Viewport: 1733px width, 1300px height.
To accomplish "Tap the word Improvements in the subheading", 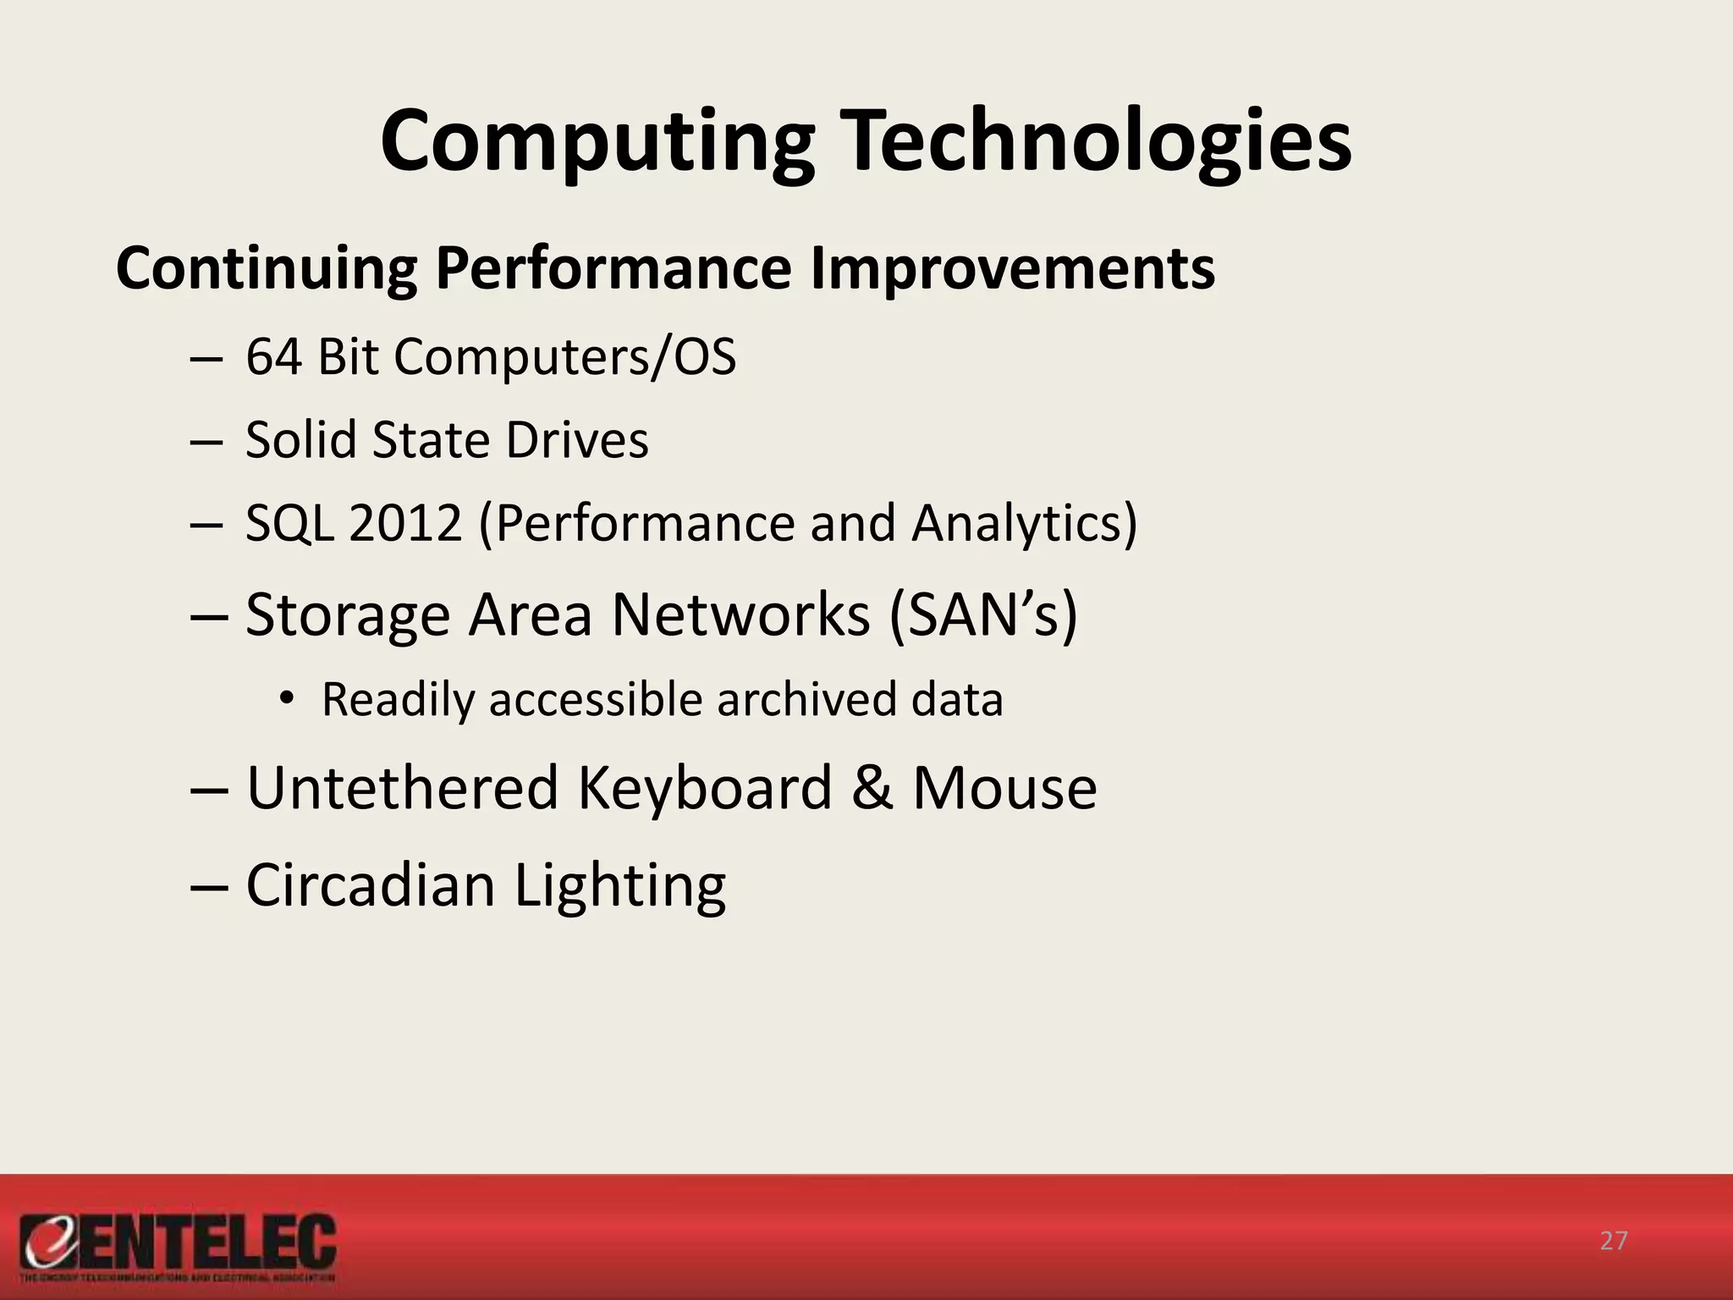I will coord(1012,268).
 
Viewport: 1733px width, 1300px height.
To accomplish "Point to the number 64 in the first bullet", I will coord(273,356).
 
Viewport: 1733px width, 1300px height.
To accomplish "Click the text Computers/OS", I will coord(564,356).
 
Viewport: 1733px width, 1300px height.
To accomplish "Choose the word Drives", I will coord(577,439).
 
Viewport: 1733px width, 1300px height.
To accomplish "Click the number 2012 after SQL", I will coord(404,522).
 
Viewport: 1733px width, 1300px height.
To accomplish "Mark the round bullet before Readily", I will coord(287,698).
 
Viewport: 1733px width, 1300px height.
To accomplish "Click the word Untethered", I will coord(402,787).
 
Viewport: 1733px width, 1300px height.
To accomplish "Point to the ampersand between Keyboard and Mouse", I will coord(872,787).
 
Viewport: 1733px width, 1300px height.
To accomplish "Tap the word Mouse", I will coord(1004,787).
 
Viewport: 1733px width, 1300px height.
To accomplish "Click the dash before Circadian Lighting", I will coord(209,885).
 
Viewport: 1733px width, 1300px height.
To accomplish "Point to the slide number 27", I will coord(1613,1241).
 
